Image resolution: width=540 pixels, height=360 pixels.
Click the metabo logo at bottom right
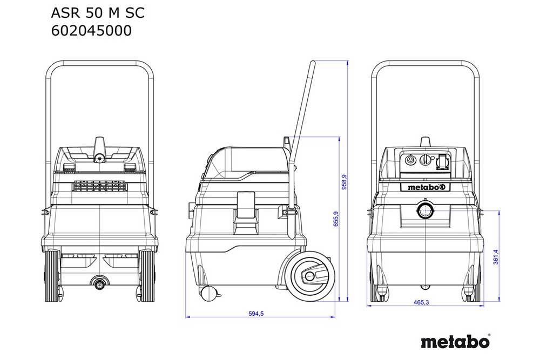point(455,342)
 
